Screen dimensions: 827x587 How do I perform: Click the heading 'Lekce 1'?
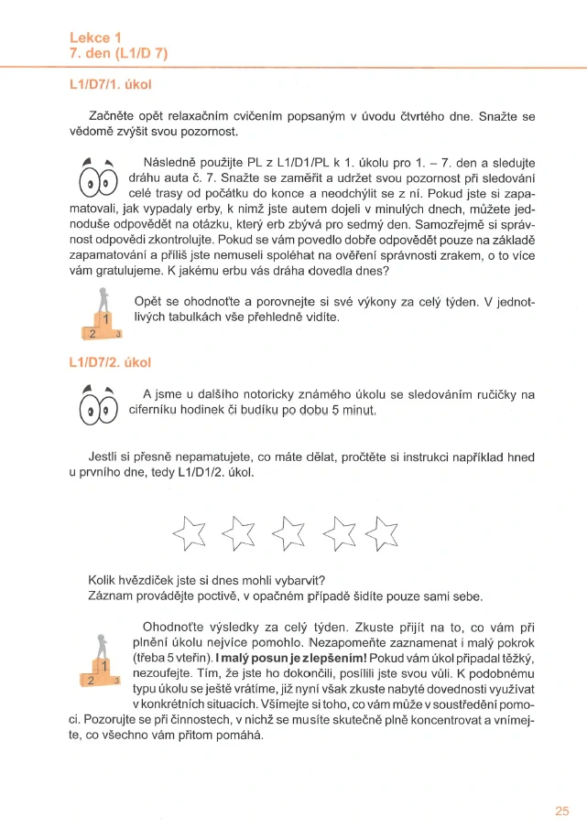pyautogui.click(x=95, y=38)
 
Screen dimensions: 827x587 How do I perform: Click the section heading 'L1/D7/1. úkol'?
pyautogui.click(x=110, y=85)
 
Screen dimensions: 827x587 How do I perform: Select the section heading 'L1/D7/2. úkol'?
pyautogui.click(x=110, y=363)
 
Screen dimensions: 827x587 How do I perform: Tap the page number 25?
pyautogui.click(x=561, y=810)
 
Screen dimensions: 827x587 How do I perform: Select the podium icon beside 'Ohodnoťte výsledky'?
pyautogui.click(x=101, y=661)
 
